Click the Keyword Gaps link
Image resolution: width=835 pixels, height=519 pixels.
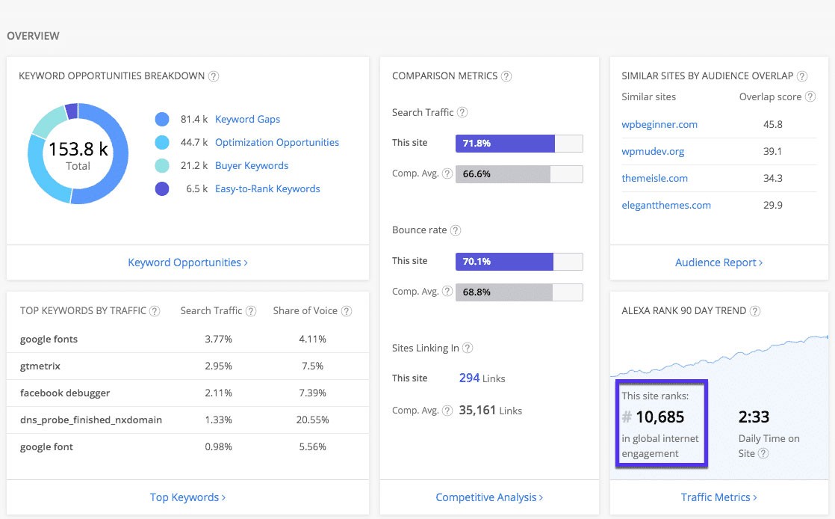(x=247, y=119)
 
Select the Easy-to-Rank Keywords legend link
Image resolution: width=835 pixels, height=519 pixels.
(x=267, y=188)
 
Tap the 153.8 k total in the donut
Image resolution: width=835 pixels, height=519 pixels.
(x=78, y=150)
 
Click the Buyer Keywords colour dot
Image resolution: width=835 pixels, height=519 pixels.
(x=162, y=166)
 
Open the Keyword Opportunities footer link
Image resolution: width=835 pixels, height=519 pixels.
(x=187, y=262)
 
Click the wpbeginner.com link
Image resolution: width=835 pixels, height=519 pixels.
(x=659, y=124)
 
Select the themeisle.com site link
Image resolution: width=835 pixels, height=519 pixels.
(x=654, y=178)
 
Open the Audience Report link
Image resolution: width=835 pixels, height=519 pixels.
(x=718, y=262)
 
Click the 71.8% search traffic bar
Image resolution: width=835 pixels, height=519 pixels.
(x=505, y=143)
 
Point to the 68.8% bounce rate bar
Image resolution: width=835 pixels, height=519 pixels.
(x=503, y=292)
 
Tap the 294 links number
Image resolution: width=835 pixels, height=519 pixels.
(x=469, y=378)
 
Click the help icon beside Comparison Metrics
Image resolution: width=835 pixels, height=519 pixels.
(x=506, y=76)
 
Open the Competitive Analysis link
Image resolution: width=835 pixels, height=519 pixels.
(x=489, y=497)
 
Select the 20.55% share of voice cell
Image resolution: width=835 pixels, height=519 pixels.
(x=312, y=420)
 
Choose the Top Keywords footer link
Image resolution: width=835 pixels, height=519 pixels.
(x=187, y=497)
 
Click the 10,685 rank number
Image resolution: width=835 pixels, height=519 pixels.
(x=659, y=417)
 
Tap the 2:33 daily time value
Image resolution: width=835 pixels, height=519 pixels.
(x=754, y=417)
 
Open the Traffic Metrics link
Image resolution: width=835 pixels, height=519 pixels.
(x=718, y=497)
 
